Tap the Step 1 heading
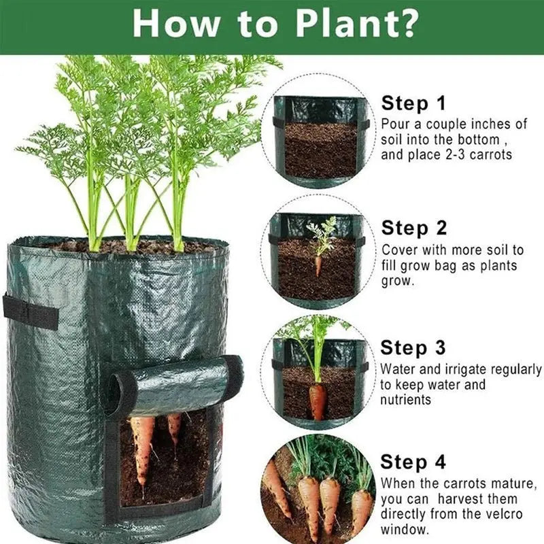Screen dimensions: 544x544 coord(413,103)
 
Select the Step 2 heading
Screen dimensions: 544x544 coord(413,227)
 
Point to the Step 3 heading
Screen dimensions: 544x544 coord(413,347)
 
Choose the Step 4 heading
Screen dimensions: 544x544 coord(413,462)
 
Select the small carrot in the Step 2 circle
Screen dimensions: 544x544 coord(318,264)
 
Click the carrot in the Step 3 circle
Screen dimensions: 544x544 coord(318,401)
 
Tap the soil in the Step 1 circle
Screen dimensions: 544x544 coord(320,150)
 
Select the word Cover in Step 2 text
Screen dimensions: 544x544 coord(398,250)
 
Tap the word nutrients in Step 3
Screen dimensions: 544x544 coord(406,400)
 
